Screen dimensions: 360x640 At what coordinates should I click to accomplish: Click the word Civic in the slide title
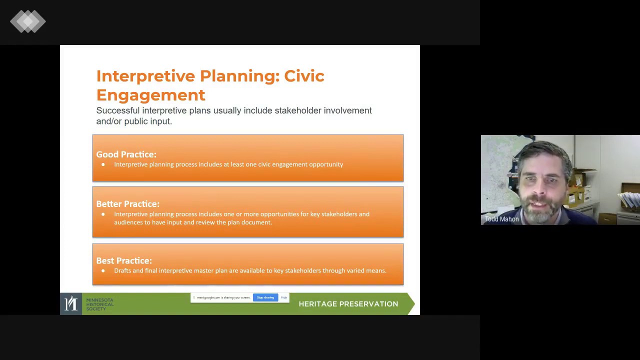point(304,76)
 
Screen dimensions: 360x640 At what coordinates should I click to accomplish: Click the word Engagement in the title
point(150,95)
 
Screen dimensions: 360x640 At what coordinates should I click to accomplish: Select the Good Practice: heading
point(126,154)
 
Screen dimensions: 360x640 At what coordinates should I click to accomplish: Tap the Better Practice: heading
point(127,204)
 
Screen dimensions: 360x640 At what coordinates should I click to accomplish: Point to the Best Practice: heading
point(123,260)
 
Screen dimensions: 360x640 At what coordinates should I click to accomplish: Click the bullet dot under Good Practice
point(103,164)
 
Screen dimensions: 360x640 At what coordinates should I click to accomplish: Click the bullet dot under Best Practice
point(103,270)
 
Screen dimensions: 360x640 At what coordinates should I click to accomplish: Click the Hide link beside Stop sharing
point(283,297)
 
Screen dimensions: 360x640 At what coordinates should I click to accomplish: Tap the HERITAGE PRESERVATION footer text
point(348,304)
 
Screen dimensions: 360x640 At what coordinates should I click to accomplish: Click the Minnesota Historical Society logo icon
point(71,303)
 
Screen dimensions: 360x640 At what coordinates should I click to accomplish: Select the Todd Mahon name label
point(501,219)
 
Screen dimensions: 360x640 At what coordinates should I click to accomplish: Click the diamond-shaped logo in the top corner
point(28,21)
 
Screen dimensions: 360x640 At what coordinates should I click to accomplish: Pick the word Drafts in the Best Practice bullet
point(122,270)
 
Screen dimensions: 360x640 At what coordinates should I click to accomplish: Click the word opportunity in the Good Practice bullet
point(326,164)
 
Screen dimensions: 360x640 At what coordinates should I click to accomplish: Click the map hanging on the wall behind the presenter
point(497,170)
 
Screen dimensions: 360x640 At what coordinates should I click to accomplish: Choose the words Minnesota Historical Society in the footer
point(99,304)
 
